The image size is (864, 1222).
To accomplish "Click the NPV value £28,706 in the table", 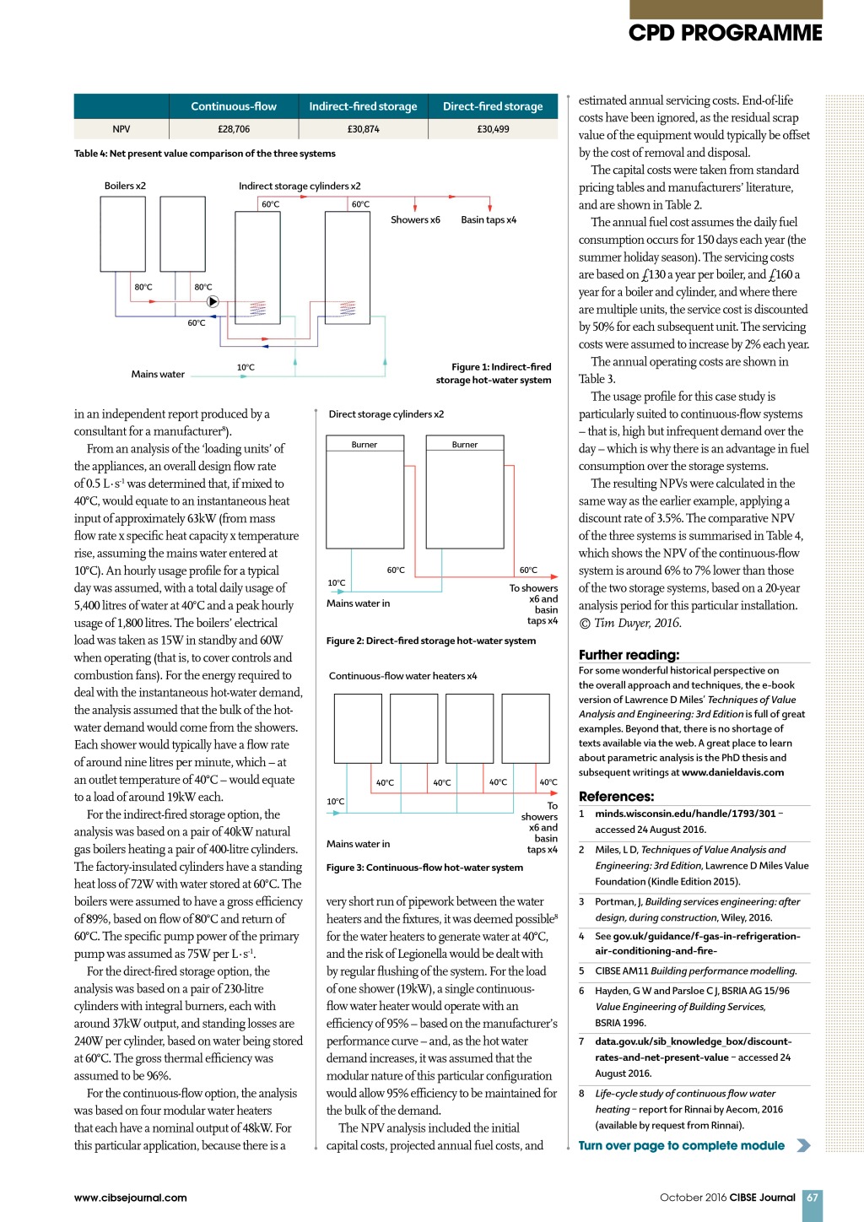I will coord(234,129).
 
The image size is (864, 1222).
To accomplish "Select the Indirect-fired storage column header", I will coord(363,106).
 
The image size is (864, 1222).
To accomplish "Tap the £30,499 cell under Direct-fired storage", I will coord(493,129).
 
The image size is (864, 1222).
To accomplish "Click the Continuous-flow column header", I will coord(234,106).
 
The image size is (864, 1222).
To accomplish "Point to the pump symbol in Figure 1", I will coord(213,301).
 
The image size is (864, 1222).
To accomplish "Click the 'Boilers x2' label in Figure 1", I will coord(125,186).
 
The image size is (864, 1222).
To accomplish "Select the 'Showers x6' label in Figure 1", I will coord(415,219).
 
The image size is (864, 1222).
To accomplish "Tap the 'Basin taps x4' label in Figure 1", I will coord(489,219).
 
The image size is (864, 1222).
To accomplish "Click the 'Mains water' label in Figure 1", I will coord(158,374).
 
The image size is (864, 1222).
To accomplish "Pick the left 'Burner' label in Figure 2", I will coord(364,445).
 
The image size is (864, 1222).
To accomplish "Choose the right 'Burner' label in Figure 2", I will coord(465,445).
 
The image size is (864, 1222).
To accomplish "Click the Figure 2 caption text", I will coord(431,641).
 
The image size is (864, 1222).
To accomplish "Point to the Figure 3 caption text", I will coord(424,868).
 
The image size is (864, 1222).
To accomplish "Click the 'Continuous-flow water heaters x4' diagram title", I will coord(402,676).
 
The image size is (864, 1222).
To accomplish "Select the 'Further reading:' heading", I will coord(629,655).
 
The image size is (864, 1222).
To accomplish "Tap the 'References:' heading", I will coord(616,797).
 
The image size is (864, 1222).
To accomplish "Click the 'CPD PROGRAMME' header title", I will coord(725,33).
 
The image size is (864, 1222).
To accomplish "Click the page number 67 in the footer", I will coord(813,1198).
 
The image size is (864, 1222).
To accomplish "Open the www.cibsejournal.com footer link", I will coord(131,1198).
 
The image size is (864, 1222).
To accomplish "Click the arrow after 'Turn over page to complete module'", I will coord(803,1145).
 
